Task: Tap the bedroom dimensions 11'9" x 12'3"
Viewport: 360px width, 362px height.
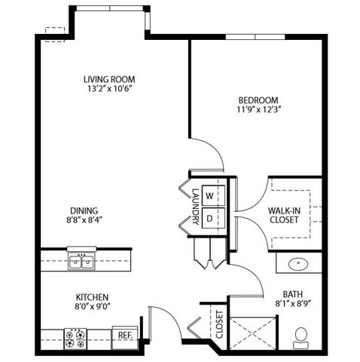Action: click(258, 110)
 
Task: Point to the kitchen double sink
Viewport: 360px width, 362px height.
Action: click(81, 261)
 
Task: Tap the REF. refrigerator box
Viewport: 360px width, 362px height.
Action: click(123, 333)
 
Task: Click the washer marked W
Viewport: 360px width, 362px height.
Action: click(210, 195)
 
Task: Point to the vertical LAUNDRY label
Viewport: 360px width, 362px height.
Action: click(194, 206)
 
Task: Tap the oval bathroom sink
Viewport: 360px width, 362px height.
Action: click(299, 265)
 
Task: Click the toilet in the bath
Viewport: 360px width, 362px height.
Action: click(304, 335)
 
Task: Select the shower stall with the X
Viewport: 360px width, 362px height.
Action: click(252, 332)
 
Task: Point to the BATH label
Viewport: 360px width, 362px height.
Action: click(292, 294)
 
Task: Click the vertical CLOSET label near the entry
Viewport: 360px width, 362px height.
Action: click(219, 323)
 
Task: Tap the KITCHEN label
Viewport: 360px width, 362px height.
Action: click(93, 297)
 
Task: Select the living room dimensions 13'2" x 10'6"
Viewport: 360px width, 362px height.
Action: click(113, 89)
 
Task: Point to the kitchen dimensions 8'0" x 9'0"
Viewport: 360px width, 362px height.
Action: click(93, 308)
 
